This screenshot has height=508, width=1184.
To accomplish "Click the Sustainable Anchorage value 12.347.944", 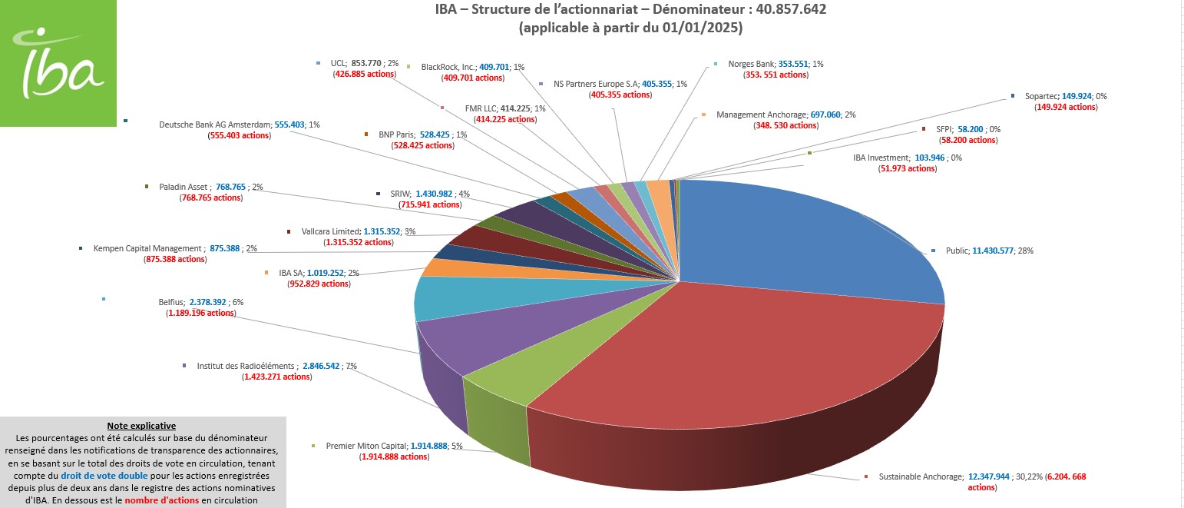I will [995, 476].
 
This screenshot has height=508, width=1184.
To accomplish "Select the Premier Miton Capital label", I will [356, 446].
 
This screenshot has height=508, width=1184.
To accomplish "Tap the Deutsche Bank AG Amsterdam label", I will [215, 125].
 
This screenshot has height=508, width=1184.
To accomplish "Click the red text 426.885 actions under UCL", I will [363, 75].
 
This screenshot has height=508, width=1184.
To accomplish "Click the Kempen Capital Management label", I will [149, 248].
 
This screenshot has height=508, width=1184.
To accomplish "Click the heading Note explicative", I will [141, 425].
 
